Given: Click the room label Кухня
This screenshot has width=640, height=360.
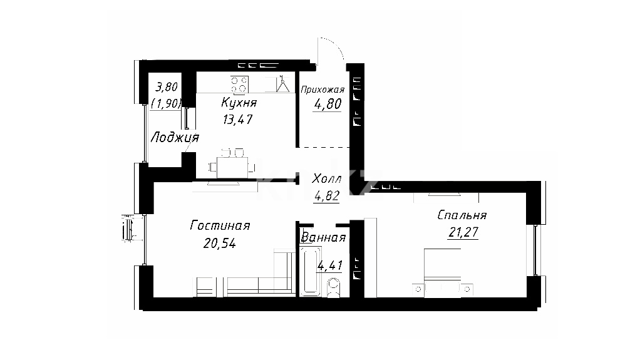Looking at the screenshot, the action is point(239,103).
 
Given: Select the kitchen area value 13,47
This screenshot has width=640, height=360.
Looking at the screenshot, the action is point(237,119).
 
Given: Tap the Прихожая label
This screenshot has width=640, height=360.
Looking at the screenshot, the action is point(323,90).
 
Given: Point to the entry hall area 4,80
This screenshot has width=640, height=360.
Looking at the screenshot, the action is point(328,104).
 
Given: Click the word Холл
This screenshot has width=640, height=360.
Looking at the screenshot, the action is point(326,179).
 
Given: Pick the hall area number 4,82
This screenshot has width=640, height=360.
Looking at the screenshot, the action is point(326,196).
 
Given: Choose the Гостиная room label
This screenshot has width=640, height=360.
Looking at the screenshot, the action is point(220,225).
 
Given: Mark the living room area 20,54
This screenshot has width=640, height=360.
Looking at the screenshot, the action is point(220,244).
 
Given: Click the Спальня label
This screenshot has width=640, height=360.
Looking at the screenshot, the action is point(462,215).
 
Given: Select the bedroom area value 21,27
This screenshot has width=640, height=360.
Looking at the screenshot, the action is point(463,232).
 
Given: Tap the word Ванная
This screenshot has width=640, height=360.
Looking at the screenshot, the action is point(323,237).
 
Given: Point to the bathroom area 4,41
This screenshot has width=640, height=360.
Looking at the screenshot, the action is point(330,265).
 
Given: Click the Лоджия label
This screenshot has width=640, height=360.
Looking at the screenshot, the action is point(175,138).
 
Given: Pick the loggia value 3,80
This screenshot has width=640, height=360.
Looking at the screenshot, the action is point(167,87).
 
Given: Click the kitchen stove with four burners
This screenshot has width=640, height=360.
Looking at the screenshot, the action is point(240,85).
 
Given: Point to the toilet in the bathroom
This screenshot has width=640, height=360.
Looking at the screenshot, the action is point(334,287).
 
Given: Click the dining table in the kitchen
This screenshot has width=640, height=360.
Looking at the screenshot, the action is point(232,167).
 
